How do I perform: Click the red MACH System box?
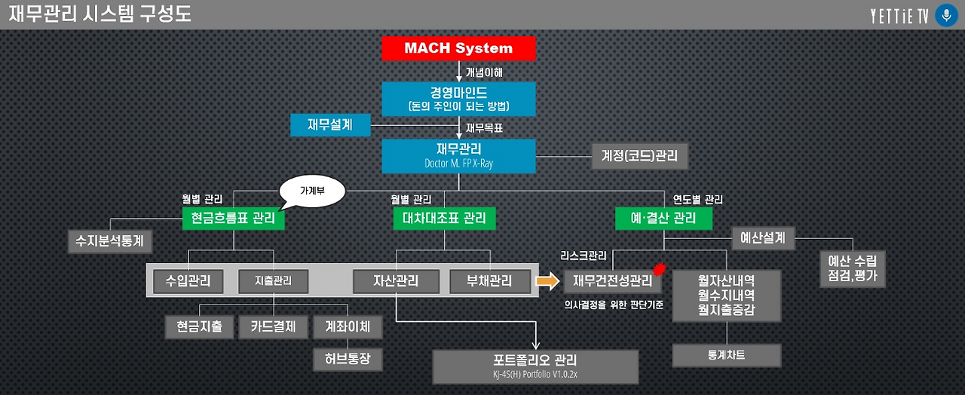point(458,48)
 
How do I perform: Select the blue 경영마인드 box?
point(458,99)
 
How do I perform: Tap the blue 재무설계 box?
point(330,125)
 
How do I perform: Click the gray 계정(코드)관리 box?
point(639,156)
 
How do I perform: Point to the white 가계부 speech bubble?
point(312,191)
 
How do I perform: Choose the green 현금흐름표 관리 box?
point(234,218)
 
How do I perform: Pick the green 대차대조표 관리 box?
point(444,218)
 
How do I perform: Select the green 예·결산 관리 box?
point(663,218)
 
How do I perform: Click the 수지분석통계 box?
point(110,241)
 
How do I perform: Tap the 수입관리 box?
point(188,281)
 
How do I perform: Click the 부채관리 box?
point(490,281)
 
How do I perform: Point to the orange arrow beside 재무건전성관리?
point(547,281)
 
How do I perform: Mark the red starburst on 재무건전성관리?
point(659,269)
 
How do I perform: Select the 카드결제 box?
point(274,327)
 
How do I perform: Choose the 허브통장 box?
point(348,360)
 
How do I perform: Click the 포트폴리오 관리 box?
point(535,366)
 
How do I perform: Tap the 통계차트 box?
point(726,355)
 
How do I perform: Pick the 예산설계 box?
point(763,238)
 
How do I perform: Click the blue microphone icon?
point(946,16)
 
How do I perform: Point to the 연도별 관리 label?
point(698,200)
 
